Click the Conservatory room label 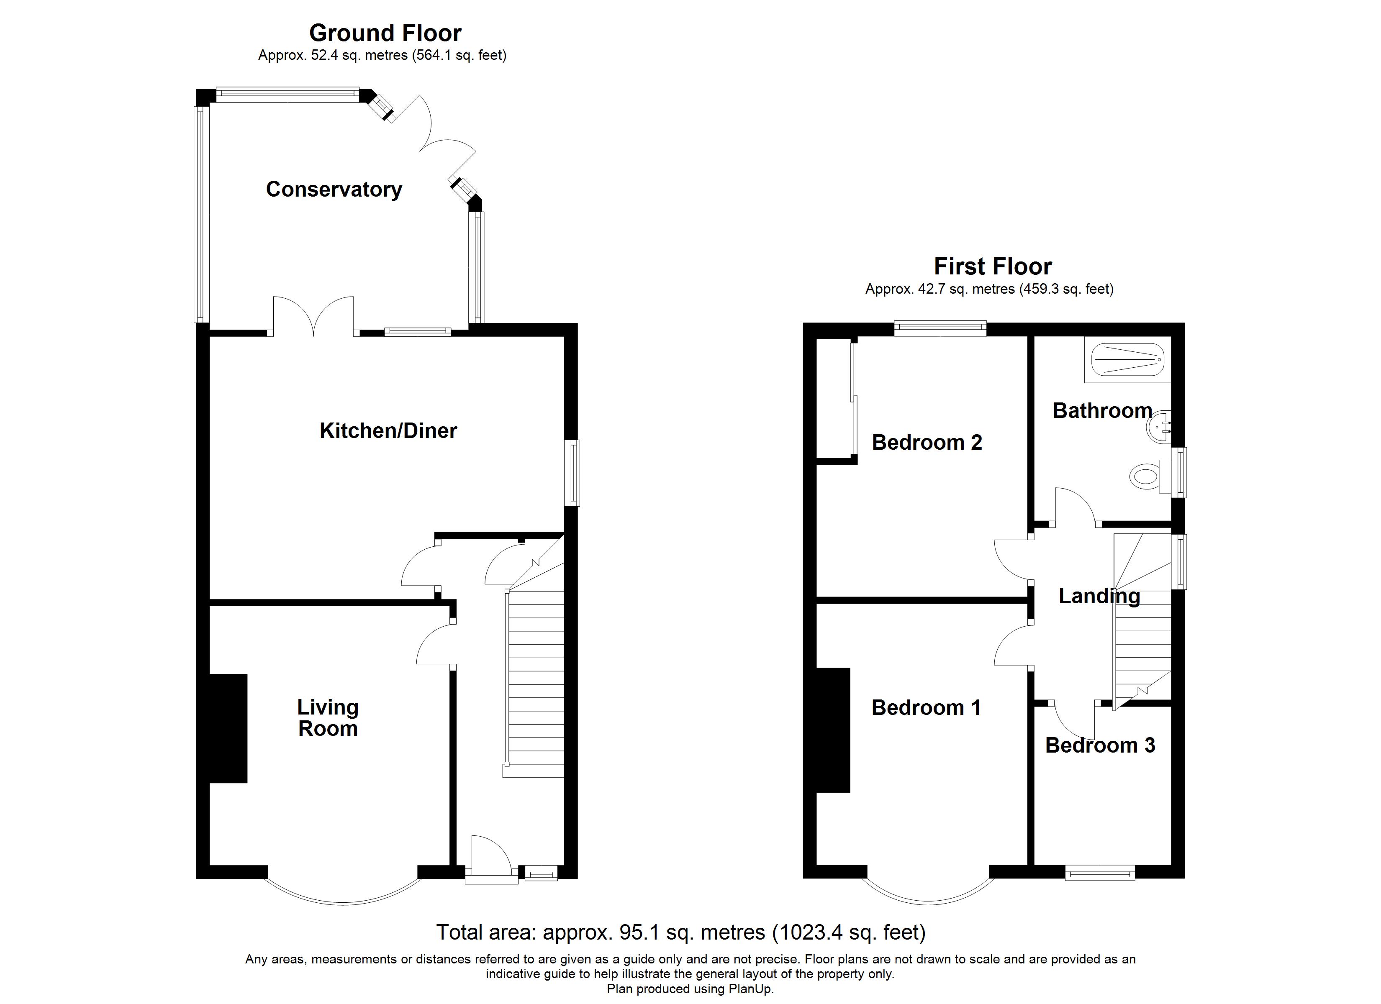click(334, 190)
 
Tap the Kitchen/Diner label click(388, 431)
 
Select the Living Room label click(328, 718)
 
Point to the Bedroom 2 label click(927, 442)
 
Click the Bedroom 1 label click(926, 707)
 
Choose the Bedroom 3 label click(1100, 745)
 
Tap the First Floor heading click(993, 266)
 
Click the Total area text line click(681, 932)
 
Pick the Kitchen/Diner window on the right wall click(572, 473)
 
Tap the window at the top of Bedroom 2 click(940, 329)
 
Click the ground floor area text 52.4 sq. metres click(359, 55)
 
